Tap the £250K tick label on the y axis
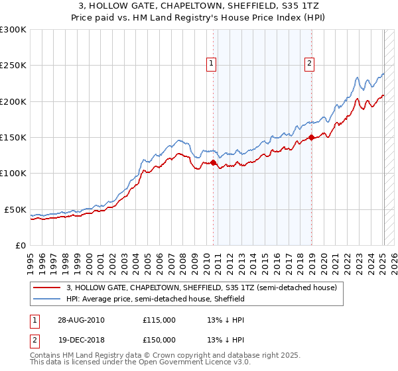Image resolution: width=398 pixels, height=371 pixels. [13, 66]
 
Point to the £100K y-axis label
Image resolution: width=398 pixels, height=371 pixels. [13, 174]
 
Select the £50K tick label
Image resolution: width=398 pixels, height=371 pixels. [16, 209]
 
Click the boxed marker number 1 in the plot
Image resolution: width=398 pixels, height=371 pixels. [212, 64]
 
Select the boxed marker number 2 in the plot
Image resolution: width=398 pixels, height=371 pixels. [310, 64]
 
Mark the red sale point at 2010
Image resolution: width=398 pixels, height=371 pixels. [214, 162]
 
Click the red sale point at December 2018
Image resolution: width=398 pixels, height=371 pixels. [311, 138]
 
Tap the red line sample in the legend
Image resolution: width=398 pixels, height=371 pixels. [47, 288]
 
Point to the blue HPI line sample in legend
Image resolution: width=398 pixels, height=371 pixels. [47, 299]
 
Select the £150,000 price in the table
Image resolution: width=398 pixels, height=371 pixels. [159, 340]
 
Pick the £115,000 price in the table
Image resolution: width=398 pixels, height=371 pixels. [159, 320]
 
